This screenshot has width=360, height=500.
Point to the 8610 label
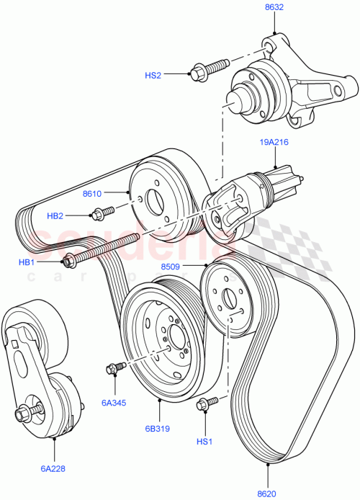[93, 193]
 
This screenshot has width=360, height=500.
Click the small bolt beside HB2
[102, 213]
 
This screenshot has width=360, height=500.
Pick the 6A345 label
[113, 402]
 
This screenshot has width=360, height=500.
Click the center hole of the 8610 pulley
[153, 200]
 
